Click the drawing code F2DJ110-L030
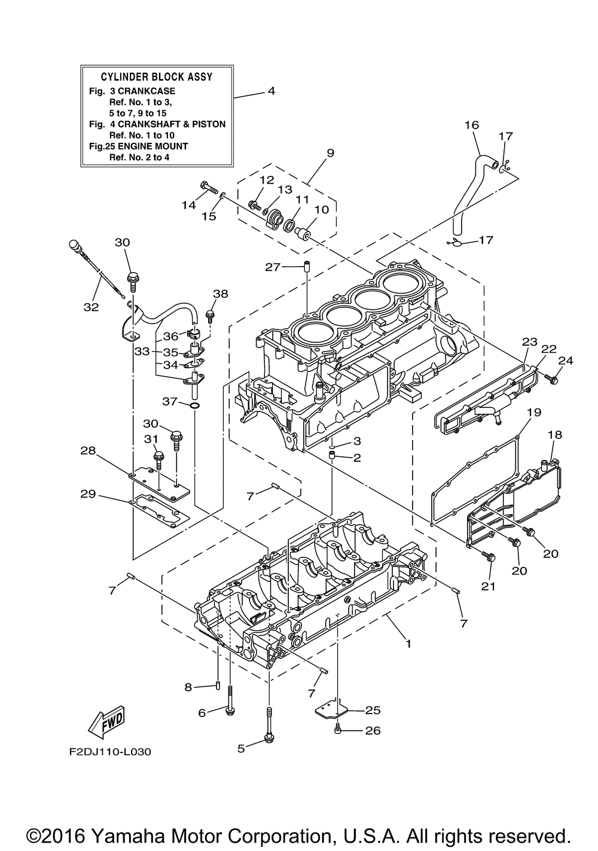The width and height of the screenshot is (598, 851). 110,752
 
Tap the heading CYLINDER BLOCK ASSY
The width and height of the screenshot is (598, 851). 157,77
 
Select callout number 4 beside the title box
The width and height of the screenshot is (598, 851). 271,91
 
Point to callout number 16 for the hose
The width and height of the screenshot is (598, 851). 472,125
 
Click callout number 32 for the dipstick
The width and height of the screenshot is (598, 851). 91,307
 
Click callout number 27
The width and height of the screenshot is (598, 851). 273,267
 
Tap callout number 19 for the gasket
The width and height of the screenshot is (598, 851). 534,412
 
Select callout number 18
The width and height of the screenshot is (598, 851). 555,435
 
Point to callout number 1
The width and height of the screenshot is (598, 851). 408,643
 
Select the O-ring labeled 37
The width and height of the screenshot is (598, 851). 194,407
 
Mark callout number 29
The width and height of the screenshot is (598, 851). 88,494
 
